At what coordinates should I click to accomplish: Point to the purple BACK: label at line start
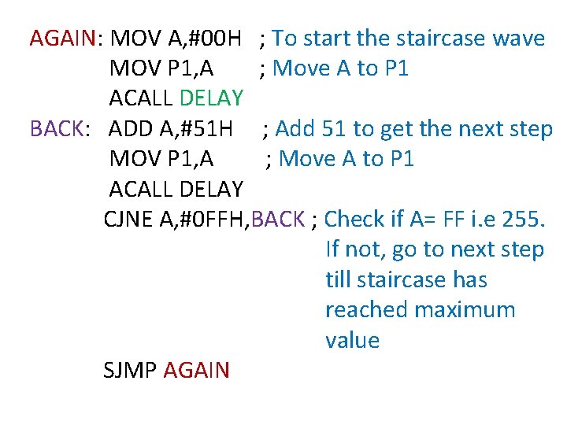tap(55, 128)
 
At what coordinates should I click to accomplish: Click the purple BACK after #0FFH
tap(279, 219)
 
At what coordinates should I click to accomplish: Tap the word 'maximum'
tap(465, 310)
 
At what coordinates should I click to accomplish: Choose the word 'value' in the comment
tap(352, 341)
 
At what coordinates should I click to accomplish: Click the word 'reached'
tap(365, 310)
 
